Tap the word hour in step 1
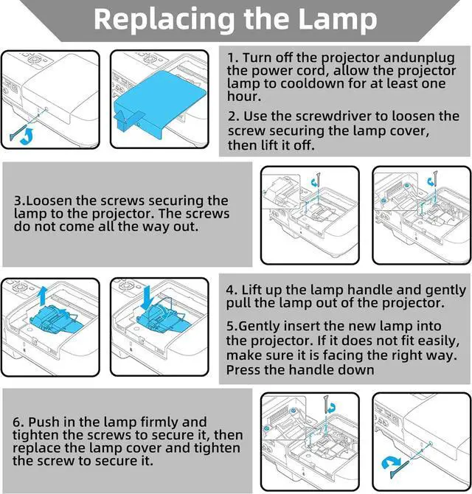(x=243, y=96)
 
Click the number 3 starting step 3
(x=18, y=201)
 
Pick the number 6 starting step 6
(x=16, y=422)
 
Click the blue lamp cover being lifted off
(x=160, y=102)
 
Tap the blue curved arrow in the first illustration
(x=27, y=136)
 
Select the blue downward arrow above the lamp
(x=147, y=298)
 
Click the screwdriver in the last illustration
(x=399, y=470)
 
